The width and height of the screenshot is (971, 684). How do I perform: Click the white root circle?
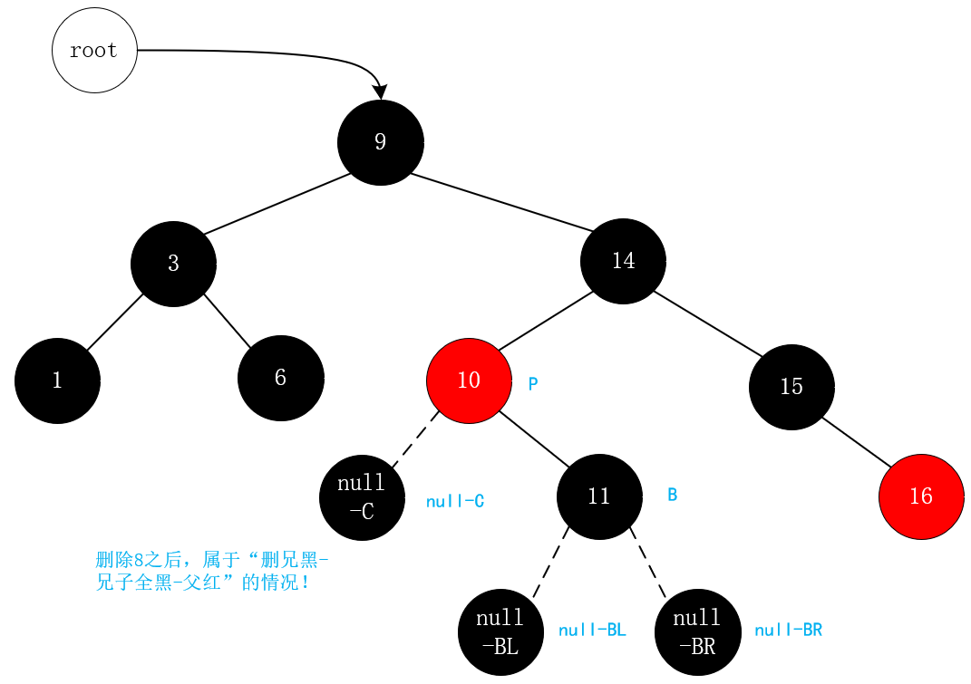(x=94, y=51)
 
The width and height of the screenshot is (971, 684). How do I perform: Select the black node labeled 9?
(x=380, y=142)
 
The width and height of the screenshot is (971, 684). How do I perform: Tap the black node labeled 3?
(x=173, y=264)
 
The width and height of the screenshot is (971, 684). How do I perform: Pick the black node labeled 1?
(x=57, y=381)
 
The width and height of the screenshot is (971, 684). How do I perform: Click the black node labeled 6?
(x=280, y=378)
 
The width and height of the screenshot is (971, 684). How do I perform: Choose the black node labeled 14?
(x=623, y=261)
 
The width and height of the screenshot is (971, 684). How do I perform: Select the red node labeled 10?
(x=469, y=381)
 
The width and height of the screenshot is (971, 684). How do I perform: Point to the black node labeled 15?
(x=791, y=387)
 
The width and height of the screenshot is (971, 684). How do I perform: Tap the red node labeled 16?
(x=920, y=497)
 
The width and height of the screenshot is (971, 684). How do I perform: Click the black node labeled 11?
(x=599, y=496)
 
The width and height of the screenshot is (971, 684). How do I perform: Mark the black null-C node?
(x=362, y=497)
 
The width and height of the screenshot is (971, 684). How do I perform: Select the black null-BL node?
(x=500, y=632)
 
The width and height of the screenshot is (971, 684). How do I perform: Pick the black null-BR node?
(x=697, y=632)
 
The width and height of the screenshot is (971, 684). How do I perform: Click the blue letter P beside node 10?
(x=533, y=384)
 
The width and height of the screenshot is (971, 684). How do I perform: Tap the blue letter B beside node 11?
(x=673, y=495)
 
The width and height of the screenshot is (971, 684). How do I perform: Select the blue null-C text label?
(x=455, y=501)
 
